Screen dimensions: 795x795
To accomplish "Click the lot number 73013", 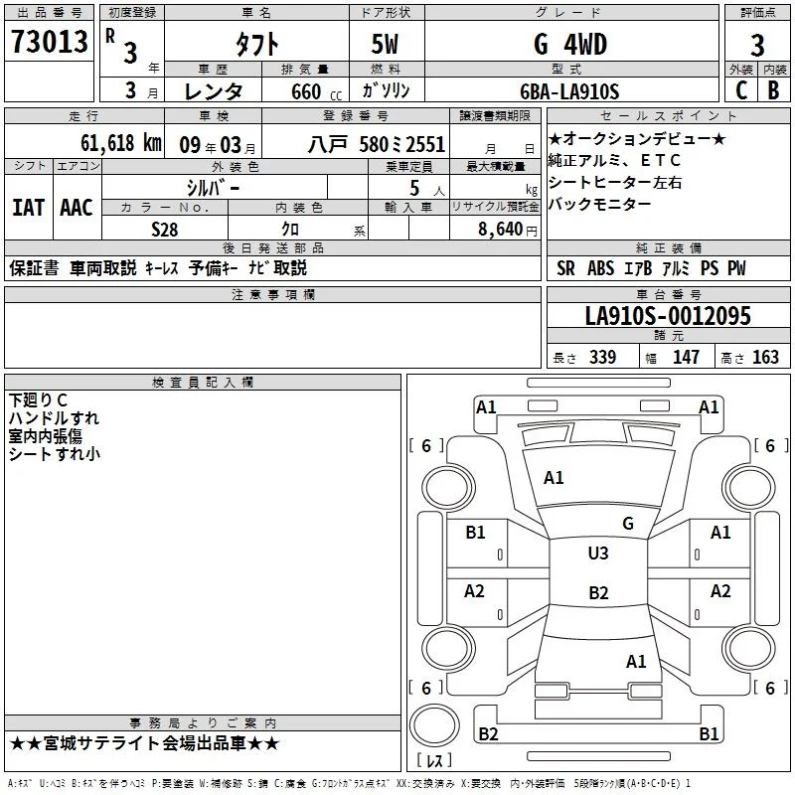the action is click(x=49, y=42).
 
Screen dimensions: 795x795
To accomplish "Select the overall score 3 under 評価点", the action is click(x=757, y=45).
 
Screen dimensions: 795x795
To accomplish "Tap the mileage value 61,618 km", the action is click(x=121, y=143).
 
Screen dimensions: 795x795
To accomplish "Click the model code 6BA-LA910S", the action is click(x=569, y=91).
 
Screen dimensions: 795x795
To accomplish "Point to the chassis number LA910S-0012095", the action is click(x=668, y=315).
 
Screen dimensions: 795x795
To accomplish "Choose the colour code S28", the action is click(x=164, y=230).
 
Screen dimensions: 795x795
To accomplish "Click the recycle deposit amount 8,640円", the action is click(x=507, y=230).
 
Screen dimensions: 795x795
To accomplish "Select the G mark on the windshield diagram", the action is click(x=628, y=524).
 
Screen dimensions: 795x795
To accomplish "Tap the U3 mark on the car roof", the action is click(x=598, y=554).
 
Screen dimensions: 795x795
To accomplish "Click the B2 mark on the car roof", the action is click(x=598, y=592).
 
